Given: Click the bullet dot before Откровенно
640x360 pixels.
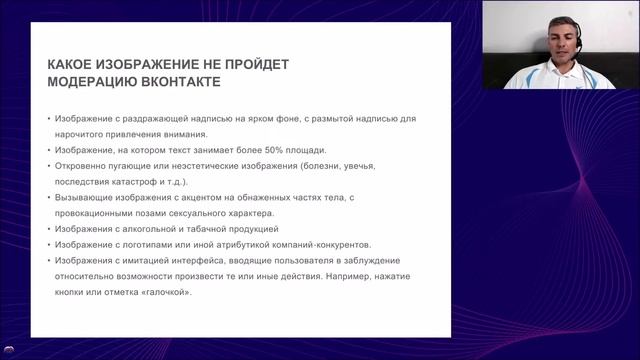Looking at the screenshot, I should [49, 166].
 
